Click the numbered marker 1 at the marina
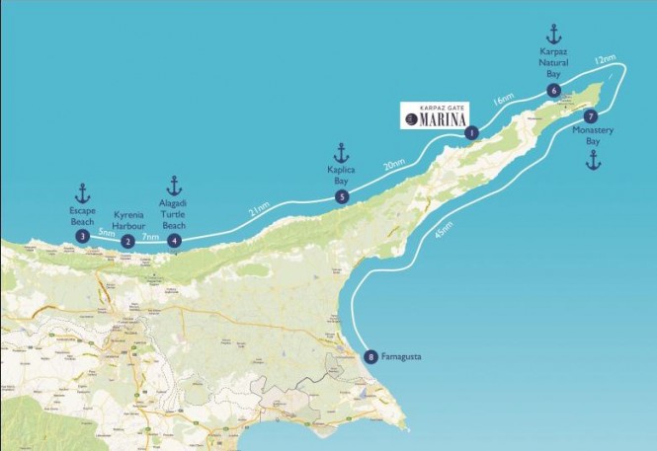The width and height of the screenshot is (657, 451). tap(471, 132)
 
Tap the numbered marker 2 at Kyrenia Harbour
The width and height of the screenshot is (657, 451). tap(127, 242)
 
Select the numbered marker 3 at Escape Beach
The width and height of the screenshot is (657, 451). tap(82, 236)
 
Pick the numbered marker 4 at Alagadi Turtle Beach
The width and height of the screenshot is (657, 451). tap(175, 240)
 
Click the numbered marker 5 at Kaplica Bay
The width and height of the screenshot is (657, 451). tap(341, 196)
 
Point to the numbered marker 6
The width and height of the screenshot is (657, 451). tap(553, 91)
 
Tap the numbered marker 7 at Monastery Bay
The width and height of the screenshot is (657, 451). tap(591, 115)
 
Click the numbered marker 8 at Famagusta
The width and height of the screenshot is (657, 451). tap(370, 357)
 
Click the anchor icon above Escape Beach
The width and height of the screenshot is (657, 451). tap(82, 192)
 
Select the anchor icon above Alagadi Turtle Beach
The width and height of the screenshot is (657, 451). tap(175, 185)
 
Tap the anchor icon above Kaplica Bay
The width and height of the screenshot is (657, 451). tap(341, 152)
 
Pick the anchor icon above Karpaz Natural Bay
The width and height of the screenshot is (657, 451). tap(553, 34)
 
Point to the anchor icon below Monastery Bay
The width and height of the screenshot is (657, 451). tap(593, 160)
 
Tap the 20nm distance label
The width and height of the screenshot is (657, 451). tap(393, 164)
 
